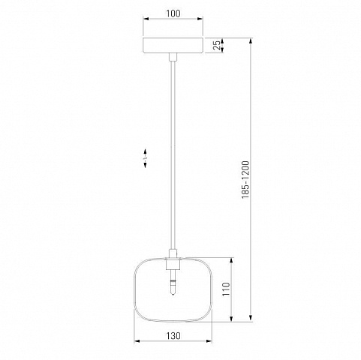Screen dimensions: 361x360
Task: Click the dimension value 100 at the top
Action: [x=173, y=13]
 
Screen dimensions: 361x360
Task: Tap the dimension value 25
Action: [x=217, y=45]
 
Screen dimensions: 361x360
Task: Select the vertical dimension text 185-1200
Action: [x=245, y=180]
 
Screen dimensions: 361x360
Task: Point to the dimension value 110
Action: [x=226, y=289]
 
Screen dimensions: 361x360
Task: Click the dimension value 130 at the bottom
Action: [x=173, y=336]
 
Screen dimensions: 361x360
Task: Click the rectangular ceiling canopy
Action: [x=173, y=45]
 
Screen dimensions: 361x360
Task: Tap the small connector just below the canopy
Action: [x=173, y=57]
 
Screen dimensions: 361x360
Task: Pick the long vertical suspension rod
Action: [x=173, y=155]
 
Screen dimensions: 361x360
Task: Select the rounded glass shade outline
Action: [x=134, y=289]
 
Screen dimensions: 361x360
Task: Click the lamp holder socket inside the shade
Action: [x=173, y=265]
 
